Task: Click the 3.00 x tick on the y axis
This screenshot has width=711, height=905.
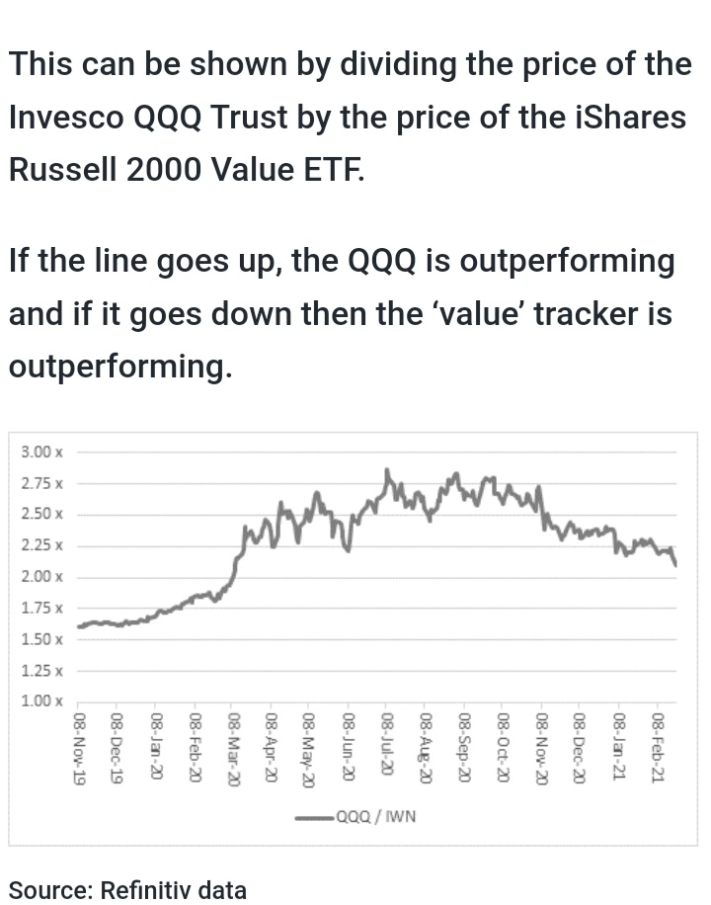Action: click(41, 452)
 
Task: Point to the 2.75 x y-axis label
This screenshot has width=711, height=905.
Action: click(41, 484)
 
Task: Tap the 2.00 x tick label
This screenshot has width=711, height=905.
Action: click(41, 577)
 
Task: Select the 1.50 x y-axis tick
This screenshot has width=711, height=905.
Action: click(41, 639)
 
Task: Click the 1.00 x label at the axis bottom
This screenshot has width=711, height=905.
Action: click(41, 701)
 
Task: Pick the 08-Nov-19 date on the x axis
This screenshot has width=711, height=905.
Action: click(80, 750)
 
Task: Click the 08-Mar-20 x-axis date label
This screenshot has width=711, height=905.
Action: click(234, 750)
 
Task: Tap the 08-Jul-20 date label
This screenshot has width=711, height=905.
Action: click(388, 748)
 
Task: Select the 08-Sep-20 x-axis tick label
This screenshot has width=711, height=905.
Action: click(465, 750)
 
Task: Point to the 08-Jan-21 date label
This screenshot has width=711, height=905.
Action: click(619, 749)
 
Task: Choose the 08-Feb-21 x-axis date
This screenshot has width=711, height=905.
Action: click(659, 750)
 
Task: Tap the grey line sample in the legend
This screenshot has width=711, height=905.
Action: click(315, 817)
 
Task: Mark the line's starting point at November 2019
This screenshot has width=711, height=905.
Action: click(79, 626)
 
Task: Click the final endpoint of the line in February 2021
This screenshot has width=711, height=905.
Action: click(675, 565)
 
